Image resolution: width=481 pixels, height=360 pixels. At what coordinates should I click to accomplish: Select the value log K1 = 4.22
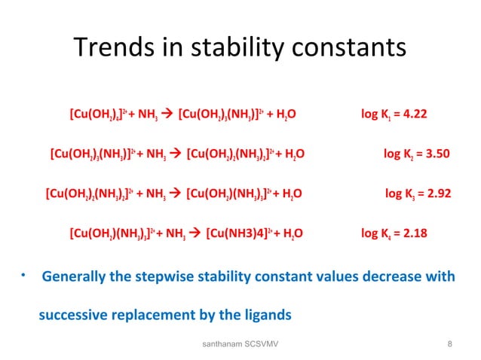394,115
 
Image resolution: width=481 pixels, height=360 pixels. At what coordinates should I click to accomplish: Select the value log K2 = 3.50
416,154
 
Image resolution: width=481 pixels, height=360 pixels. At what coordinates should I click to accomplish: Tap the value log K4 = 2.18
394,233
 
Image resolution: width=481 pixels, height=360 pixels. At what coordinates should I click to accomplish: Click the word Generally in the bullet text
75,276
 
